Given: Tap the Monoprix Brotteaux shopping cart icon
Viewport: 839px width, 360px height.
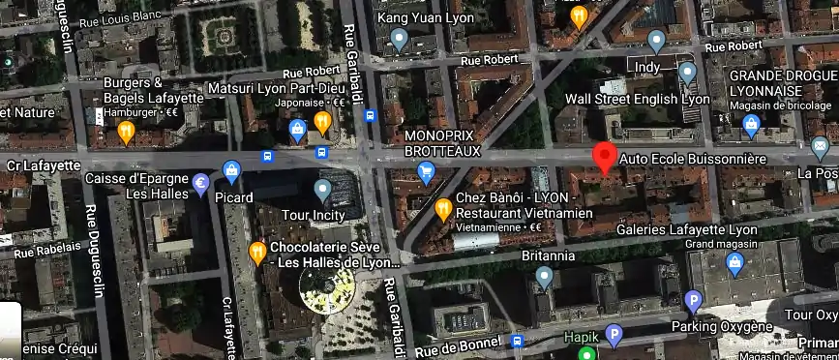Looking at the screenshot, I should (425, 172).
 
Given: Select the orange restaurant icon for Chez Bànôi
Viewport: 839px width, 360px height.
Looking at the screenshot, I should (443, 206).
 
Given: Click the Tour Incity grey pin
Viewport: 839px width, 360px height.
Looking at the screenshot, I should (323, 189).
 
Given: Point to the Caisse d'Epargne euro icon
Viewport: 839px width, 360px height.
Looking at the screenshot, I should (200, 182).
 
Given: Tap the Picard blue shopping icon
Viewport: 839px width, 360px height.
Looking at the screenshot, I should (232, 172).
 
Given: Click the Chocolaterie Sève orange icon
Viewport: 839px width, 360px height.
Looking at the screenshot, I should (257, 252).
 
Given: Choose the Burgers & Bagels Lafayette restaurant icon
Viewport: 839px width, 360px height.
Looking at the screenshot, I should (125, 133).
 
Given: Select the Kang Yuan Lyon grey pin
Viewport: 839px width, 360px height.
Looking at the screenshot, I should (399, 40).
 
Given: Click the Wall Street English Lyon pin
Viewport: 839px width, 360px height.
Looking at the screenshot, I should (688, 73).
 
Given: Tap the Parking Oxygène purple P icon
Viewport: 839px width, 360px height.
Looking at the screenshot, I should (692, 303).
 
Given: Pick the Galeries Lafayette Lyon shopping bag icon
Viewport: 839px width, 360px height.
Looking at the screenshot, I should (734, 262).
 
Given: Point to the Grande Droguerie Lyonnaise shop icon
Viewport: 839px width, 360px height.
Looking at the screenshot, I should (751, 124).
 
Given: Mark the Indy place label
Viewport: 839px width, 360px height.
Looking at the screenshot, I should (646, 67).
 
